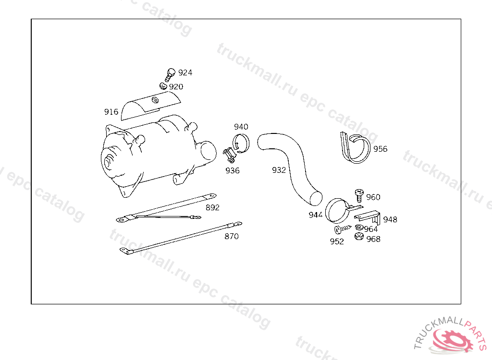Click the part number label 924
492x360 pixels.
pyautogui.click(x=185, y=73)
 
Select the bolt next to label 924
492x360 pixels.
pyautogui.click(x=170, y=74)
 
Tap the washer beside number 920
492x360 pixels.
pyautogui.click(x=163, y=85)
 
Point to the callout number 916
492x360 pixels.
pyautogui.click(x=111, y=112)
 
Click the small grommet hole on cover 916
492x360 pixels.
pyautogui.click(x=155, y=100)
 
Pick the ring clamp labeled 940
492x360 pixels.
pyautogui.click(x=241, y=143)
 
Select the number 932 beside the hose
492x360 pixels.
pyautogui.click(x=279, y=170)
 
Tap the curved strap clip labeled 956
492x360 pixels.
pyautogui.click(x=355, y=148)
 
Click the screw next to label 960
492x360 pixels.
pyautogui.click(x=359, y=195)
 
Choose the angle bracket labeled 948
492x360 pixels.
pyautogui.click(x=368, y=217)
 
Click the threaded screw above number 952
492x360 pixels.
pyautogui.click(x=342, y=229)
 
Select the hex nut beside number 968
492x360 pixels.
pyautogui.click(x=359, y=237)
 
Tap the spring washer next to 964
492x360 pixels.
pyautogui.click(x=359, y=228)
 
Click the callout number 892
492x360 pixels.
pyautogui.click(x=212, y=207)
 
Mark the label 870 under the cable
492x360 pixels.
pyautogui.click(x=232, y=237)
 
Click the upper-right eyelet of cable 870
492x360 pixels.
pyautogui.click(x=238, y=224)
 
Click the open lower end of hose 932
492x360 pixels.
pyautogui.click(x=316, y=199)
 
